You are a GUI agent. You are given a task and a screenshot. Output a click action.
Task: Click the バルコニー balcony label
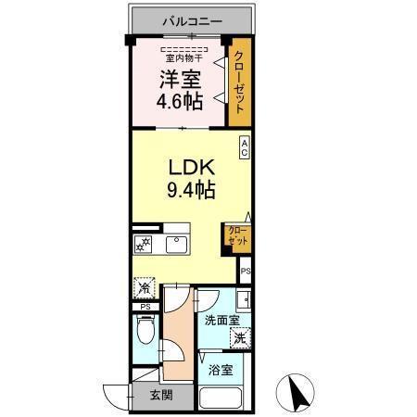(x=192, y=19)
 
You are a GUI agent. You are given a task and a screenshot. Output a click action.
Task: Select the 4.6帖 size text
(x=180, y=102)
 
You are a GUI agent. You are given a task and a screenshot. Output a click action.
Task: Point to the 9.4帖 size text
(x=191, y=191)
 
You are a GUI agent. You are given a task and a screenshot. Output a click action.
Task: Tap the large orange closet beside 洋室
(x=240, y=83)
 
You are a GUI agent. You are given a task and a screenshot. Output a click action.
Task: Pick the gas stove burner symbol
(x=144, y=245)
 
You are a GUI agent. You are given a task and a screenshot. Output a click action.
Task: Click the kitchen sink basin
(x=176, y=245)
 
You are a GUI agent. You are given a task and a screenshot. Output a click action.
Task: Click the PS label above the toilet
(x=145, y=307)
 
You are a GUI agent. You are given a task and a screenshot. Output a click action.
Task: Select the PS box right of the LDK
(x=246, y=272)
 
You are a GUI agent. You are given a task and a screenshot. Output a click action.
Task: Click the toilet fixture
(x=144, y=331)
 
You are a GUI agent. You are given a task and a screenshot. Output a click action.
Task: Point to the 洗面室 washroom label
(x=221, y=320)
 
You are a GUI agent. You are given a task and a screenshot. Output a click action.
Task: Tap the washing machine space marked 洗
(x=240, y=338)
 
